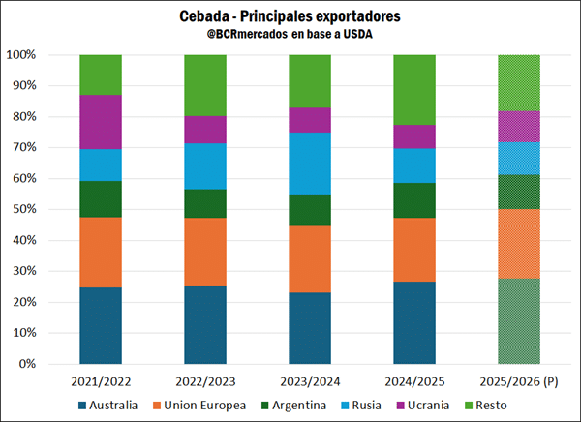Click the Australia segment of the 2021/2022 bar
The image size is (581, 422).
[101, 325]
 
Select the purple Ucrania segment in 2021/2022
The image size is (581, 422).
[101, 122]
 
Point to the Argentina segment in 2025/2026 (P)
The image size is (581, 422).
[519, 192]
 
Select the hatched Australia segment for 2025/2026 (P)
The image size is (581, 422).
[519, 320]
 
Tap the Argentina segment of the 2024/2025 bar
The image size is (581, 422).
[414, 200]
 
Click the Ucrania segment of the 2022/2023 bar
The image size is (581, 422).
[205, 130]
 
